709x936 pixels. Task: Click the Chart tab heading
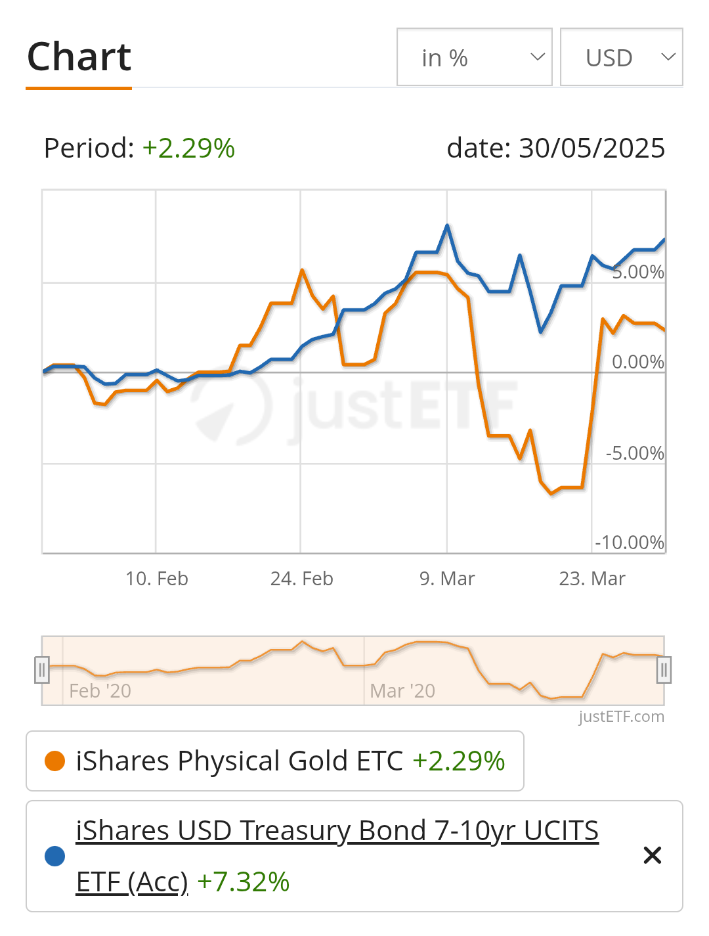coord(79,57)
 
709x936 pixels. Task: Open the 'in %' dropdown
coord(474,57)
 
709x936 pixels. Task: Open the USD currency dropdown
coord(621,57)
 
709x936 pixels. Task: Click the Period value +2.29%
coord(188,148)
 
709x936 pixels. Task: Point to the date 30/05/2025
coord(591,148)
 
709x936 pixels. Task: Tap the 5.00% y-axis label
coord(637,272)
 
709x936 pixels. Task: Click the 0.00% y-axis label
coord(637,362)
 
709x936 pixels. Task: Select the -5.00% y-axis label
coord(635,453)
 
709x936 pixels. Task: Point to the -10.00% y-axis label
coord(630,543)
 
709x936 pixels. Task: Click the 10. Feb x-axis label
coord(157,579)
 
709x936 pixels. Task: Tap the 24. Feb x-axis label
coord(302,579)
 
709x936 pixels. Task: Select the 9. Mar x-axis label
coord(447,579)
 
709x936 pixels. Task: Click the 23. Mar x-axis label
coord(592,579)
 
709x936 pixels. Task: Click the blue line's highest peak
coord(447,225)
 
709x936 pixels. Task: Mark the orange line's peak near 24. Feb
coord(302,270)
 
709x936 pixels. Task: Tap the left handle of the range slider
coord(42,670)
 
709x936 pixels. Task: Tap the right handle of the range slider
coord(664,670)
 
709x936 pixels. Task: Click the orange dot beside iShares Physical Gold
coord(54,761)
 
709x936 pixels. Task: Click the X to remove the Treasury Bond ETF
coord(653,855)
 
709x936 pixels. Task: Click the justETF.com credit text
coord(621,717)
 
